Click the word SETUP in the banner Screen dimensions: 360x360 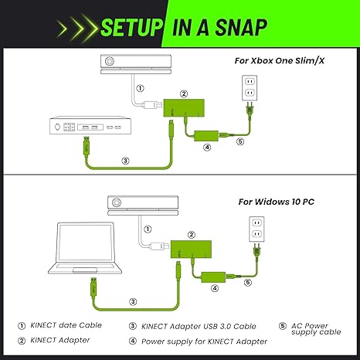tap(131, 27)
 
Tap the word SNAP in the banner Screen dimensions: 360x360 tap(241, 27)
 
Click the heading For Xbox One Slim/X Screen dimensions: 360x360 tap(280, 61)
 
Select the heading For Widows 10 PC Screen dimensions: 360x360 tap(277, 202)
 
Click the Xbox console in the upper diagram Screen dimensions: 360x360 tap(90, 125)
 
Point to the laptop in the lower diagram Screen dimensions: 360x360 tap(85, 248)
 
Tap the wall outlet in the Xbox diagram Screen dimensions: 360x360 tap(250, 88)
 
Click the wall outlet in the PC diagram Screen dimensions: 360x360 tap(256, 229)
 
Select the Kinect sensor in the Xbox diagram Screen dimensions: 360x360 tap(136, 64)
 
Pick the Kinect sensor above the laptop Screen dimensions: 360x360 tap(143, 205)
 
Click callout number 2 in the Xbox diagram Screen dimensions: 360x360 tap(184, 93)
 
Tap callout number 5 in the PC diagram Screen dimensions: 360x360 tap(248, 283)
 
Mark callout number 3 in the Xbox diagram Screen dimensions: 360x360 tap(125, 161)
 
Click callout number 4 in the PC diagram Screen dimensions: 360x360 tap(215, 288)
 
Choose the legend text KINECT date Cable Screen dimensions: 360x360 tap(66, 325)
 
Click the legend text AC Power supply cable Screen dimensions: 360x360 tap(316, 329)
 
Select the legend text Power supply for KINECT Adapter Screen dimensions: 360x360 tap(204, 341)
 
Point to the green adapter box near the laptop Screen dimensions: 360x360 tap(191, 250)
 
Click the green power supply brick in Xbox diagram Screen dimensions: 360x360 tap(206, 136)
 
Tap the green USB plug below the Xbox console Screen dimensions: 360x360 tap(87, 146)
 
